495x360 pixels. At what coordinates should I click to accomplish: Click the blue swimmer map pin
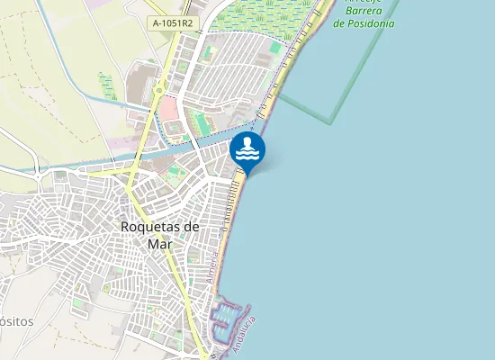247,151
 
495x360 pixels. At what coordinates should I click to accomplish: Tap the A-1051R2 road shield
173,23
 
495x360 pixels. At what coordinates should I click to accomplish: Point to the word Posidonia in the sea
364,23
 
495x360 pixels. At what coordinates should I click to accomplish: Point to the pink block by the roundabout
168,112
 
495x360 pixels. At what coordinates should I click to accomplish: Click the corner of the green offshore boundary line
332,121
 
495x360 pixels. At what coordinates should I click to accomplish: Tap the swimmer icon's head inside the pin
247,142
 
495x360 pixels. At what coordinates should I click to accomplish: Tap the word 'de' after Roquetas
191,227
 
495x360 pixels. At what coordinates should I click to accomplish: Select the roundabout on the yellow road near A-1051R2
158,89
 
